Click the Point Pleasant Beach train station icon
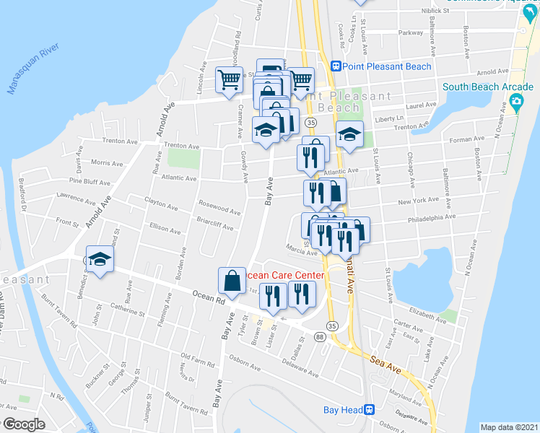pos(336,66)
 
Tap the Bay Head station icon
pos(369,409)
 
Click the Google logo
pos(23,424)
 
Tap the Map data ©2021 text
pos(508,427)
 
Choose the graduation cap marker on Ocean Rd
pos(99,261)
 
